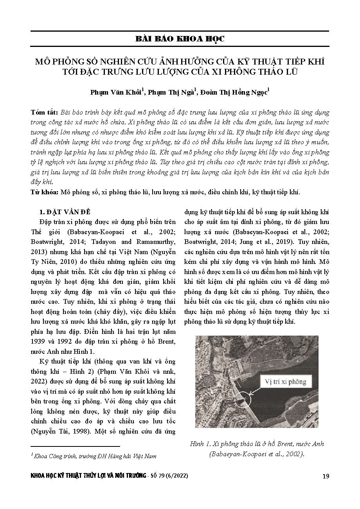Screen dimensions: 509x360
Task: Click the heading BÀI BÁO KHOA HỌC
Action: pos(180,39)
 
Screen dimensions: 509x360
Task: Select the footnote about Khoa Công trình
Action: pos(94,456)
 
